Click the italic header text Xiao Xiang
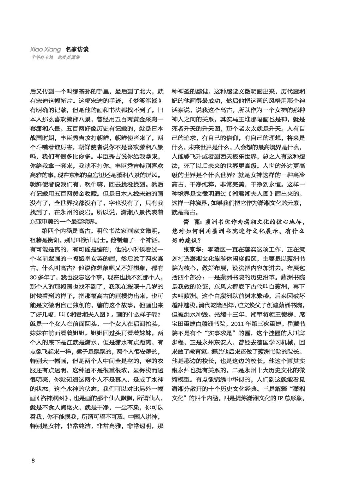[45, 50]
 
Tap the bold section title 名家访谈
[77, 50]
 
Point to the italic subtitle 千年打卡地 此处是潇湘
[56, 57]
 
